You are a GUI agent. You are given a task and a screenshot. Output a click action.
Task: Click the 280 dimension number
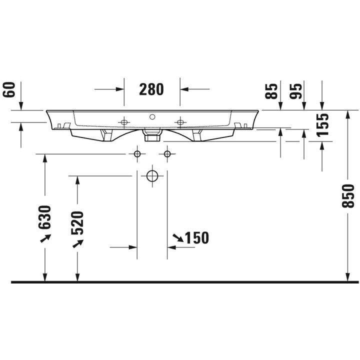click(151, 89)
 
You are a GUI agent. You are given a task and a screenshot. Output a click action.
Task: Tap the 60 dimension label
click(9, 89)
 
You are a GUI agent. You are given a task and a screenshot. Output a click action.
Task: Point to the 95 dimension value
click(295, 91)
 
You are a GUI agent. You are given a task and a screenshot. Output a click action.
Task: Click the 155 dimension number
click(322, 125)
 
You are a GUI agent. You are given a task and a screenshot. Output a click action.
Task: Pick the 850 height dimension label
click(348, 196)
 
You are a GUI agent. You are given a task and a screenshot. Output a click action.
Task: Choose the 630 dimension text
click(44, 217)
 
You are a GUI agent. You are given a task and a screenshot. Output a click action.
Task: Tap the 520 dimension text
click(77, 223)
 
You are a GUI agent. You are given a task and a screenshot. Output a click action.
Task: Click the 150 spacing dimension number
click(197, 237)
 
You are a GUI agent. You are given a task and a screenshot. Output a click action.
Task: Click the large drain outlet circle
click(152, 176)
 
